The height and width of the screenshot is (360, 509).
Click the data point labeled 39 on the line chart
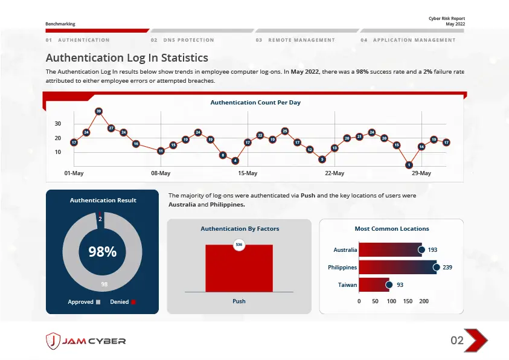[x=98, y=111]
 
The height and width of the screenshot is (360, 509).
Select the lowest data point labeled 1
[x=409, y=164]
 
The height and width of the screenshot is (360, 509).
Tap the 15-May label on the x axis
[x=248, y=173]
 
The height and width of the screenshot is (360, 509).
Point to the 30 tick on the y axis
[x=58, y=124]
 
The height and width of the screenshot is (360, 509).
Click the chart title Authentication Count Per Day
[x=255, y=103]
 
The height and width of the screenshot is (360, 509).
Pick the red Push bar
[x=239, y=268]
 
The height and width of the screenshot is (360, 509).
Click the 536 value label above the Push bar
[x=239, y=245]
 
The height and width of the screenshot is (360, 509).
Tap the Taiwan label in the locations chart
[x=347, y=284]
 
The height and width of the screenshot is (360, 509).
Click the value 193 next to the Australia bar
[x=432, y=249]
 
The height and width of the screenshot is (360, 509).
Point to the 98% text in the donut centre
[x=102, y=252]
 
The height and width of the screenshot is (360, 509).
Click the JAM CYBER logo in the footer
[x=86, y=341]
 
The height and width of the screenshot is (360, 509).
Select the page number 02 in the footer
[x=457, y=341]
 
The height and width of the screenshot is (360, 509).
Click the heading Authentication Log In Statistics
[x=127, y=58]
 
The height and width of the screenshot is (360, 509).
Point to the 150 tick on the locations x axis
[x=408, y=301]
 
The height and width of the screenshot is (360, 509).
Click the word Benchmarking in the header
[x=60, y=24]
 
